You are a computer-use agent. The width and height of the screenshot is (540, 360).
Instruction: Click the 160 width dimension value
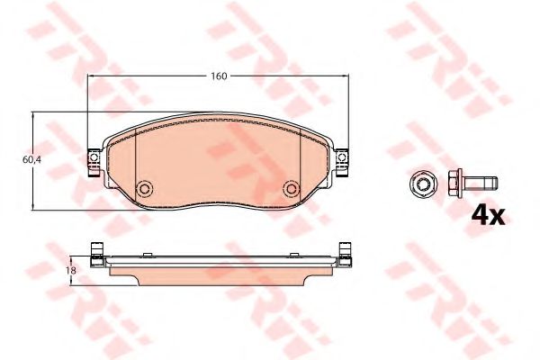pyautogui.click(x=219, y=76)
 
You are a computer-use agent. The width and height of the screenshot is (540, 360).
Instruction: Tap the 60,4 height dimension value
pyautogui.click(x=31, y=160)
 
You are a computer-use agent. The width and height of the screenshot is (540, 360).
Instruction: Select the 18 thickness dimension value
pyautogui.click(x=72, y=270)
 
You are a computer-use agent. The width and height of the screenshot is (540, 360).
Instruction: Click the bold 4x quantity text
pyautogui.click(x=488, y=215)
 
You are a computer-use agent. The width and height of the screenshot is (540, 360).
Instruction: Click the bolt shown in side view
pyautogui.click(x=472, y=183)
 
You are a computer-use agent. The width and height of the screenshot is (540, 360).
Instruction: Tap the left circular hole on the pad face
pyautogui.click(x=145, y=188)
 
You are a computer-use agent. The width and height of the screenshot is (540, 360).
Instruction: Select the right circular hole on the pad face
pyautogui.click(x=292, y=188)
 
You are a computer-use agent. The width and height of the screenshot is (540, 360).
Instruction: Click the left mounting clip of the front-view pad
pyautogui.click(x=94, y=162)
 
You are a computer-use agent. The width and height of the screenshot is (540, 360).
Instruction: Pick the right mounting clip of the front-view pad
pyautogui.click(x=342, y=162)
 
